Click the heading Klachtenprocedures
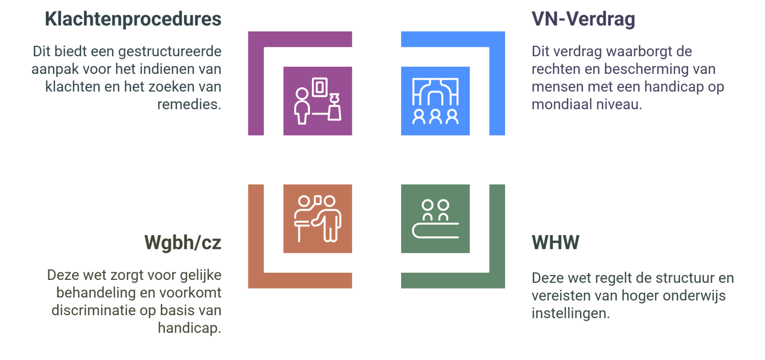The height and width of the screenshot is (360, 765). pos(133,20)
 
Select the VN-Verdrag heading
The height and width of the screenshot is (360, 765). pos(583,20)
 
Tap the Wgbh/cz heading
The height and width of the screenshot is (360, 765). pos(183,243)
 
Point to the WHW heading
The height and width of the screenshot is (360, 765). pos(555,243)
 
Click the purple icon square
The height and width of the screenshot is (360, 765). pos(318,101)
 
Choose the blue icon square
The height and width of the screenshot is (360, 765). pos(435,101)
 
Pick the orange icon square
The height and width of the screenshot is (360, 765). pos(318,218)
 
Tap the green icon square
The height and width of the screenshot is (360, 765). pos(435,218)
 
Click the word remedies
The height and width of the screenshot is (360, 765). pos(189,104)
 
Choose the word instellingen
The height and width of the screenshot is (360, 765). pos(570,313)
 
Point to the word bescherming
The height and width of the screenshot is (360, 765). pos(646,69)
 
